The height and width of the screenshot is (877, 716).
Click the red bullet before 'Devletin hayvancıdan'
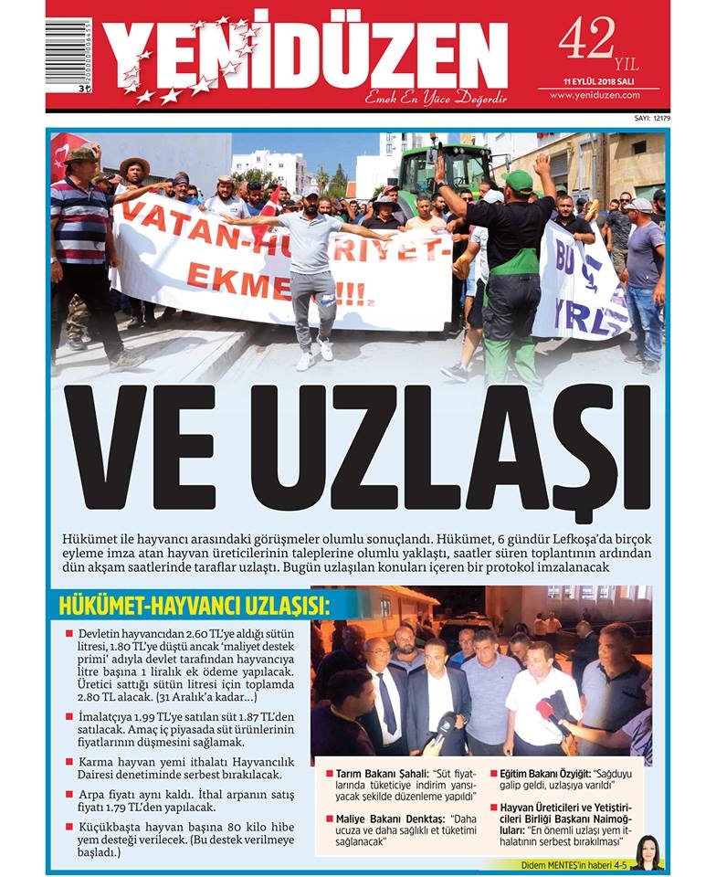pyautogui.click(x=68, y=633)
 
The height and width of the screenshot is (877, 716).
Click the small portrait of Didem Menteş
pyautogui.click(x=648, y=851)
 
